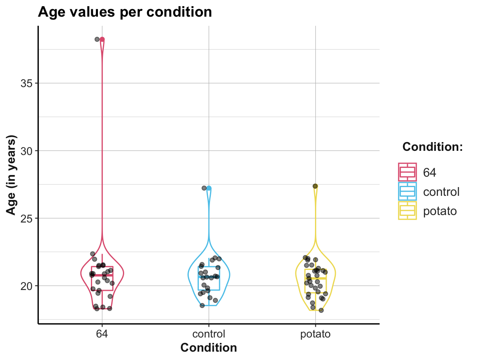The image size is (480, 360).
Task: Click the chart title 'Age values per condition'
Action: click(x=125, y=12)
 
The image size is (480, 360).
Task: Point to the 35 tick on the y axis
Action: click(x=27, y=83)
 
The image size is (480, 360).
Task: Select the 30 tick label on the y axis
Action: click(x=27, y=150)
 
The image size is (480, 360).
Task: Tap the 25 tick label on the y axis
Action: click(x=27, y=218)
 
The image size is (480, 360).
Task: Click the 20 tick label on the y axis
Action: click(x=27, y=286)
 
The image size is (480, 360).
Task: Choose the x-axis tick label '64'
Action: click(x=102, y=334)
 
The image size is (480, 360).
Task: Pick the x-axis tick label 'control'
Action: click(x=208, y=334)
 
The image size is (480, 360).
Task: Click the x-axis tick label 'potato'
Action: click(x=315, y=334)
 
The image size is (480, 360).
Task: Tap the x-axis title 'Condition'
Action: click(x=208, y=347)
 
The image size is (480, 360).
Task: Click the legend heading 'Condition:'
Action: click(x=433, y=147)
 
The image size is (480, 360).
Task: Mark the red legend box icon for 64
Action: click(x=407, y=172)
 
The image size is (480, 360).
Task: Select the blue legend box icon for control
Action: click(x=407, y=191)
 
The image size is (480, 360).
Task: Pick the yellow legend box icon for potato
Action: click(x=407, y=211)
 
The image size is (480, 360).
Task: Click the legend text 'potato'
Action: click(x=440, y=211)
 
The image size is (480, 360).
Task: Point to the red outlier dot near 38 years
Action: click(x=102, y=39)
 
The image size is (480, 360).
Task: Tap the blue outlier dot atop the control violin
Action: click(x=209, y=188)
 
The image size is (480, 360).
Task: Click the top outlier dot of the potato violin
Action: click(x=315, y=186)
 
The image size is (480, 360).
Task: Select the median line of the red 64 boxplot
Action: click(x=102, y=275)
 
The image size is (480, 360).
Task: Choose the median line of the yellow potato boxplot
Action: click(x=315, y=278)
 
